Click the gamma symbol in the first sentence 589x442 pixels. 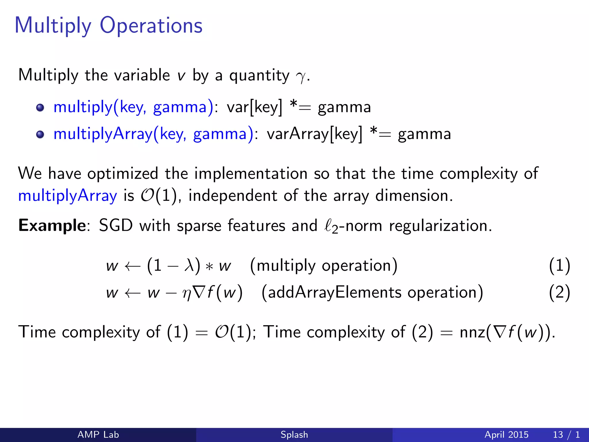pos(301,77)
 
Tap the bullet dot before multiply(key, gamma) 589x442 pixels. pos(40,108)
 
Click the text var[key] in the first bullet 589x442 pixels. pos(254,108)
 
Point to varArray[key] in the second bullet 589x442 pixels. pos(314,134)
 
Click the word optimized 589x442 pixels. pos(123,174)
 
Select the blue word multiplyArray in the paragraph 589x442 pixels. pos(68,196)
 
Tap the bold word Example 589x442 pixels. pos(52,225)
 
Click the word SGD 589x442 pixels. pos(116,225)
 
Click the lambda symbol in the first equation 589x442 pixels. pos(189,265)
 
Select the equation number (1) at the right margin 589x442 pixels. pos(559,265)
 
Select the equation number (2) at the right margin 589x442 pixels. pos(559,293)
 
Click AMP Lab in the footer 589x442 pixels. pos(98,435)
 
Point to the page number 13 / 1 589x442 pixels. pos(566,435)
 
